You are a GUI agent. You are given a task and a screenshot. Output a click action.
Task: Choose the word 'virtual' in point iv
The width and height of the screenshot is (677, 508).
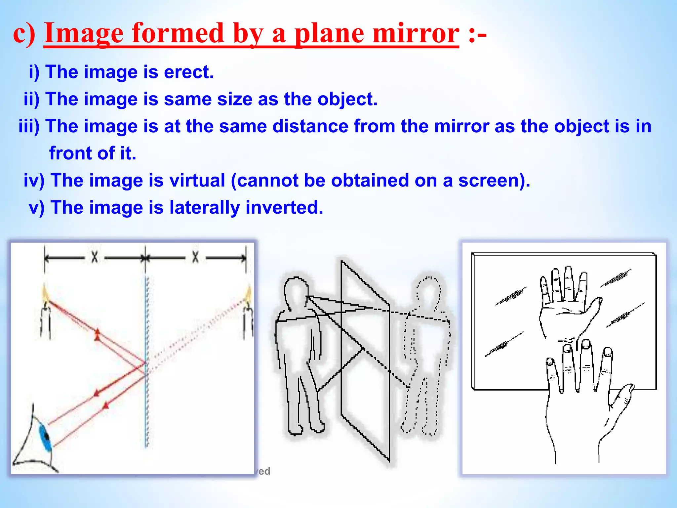point(197,180)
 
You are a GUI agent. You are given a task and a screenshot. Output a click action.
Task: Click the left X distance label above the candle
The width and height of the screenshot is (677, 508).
point(95,257)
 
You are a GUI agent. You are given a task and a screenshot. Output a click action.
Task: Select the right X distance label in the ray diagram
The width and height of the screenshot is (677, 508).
point(195,257)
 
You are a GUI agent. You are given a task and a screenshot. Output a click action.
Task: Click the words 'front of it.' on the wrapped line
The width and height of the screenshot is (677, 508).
point(93,153)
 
